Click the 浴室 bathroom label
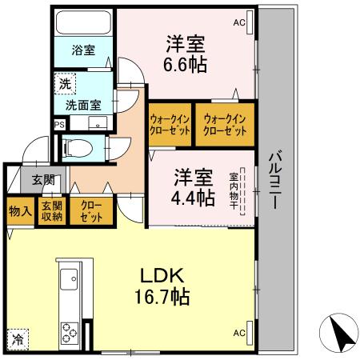pos(83,50)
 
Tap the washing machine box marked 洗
pos(62,82)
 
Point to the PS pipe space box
pos(59,125)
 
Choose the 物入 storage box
pos(19,211)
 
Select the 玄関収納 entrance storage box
pos(50,211)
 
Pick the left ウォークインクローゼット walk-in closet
pos(169,125)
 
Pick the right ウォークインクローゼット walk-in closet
pos(225,125)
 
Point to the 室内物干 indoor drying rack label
pos(234,192)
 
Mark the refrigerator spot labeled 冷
pos(18,338)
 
